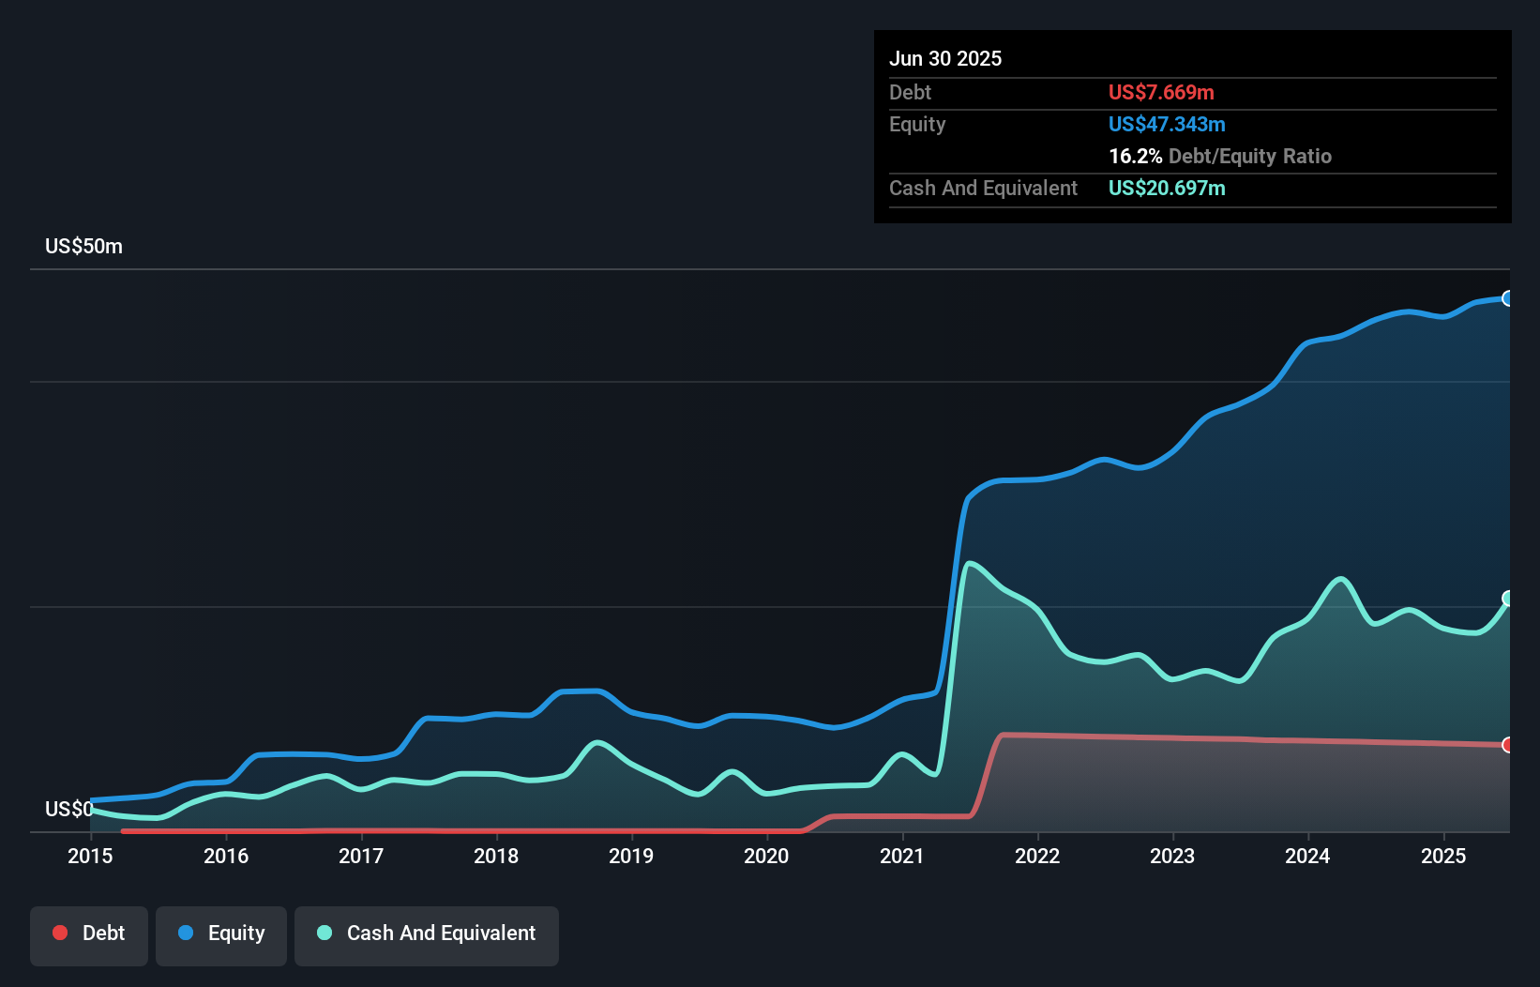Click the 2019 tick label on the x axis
point(631,856)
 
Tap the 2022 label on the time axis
point(1037,856)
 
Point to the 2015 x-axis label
point(90,856)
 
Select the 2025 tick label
point(1443,856)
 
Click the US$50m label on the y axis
point(83,246)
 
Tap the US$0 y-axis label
point(68,809)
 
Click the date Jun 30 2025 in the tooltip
point(945,58)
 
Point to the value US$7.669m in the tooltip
point(1161,92)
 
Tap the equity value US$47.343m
point(1167,124)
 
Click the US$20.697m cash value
point(1167,188)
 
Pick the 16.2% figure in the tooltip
point(1135,156)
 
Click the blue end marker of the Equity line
point(1507,298)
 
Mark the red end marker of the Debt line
point(1507,745)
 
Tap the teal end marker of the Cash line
point(1507,599)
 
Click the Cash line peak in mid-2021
point(970,563)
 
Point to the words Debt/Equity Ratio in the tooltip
point(1249,156)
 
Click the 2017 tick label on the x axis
point(361,856)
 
